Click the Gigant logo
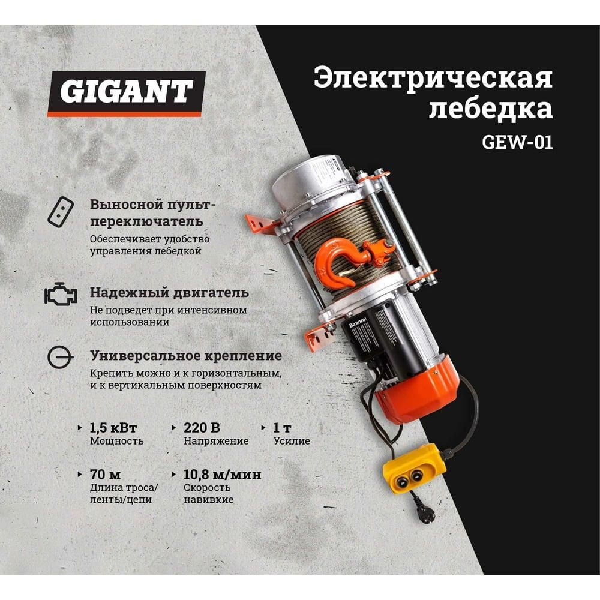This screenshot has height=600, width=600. click(127, 92)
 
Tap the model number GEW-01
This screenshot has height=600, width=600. click(517, 143)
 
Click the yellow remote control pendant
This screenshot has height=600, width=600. click(415, 469)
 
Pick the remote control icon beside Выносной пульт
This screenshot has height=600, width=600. click(60, 212)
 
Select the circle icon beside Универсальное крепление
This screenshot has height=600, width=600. click(61, 358)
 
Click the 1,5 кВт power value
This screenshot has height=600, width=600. click(113, 428)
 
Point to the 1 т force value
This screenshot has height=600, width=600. click(283, 428)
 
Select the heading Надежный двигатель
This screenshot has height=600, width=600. click(169, 293)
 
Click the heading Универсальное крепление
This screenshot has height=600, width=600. click(185, 356)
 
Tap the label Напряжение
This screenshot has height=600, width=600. click(215, 442)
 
